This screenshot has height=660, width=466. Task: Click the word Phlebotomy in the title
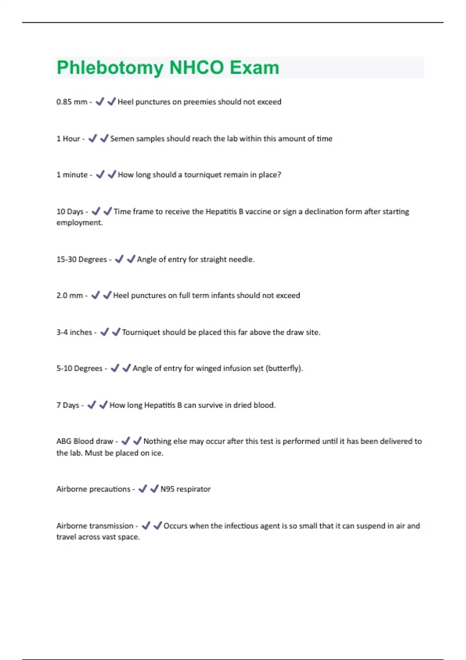(x=110, y=68)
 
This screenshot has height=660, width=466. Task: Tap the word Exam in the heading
(x=254, y=68)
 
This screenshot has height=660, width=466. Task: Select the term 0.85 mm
(x=72, y=102)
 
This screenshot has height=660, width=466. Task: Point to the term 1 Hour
(x=68, y=139)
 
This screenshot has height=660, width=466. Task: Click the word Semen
(x=121, y=139)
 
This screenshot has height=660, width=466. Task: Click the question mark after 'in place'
(x=279, y=175)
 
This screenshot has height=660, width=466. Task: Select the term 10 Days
(x=70, y=212)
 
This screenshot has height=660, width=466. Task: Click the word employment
(x=79, y=222)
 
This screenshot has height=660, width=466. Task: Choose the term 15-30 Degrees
(x=82, y=259)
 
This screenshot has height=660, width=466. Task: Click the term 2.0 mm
(x=70, y=295)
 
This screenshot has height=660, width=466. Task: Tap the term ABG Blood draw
(x=85, y=441)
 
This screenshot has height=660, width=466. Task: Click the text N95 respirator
(x=186, y=489)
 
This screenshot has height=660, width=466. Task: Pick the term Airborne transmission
(x=95, y=526)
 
